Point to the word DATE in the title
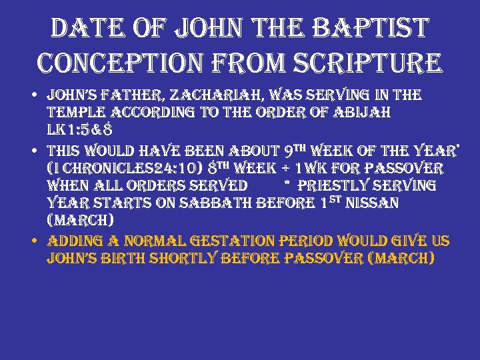coord(83,28)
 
